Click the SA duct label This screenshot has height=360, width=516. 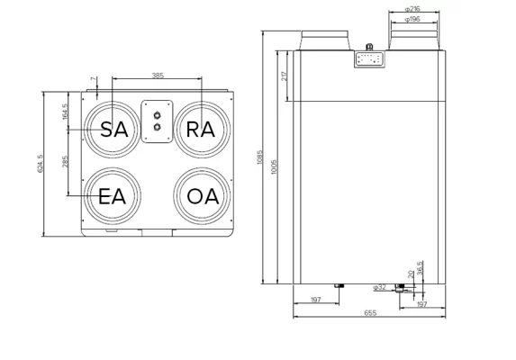pyautogui.click(x=113, y=129)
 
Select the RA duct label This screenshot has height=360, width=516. pyautogui.click(x=200, y=129)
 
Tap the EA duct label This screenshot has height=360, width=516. pyautogui.click(x=112, y=196)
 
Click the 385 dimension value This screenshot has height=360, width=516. pyautogui.click(x=158, y=75)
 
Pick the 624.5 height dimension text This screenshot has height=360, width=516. pyautogui.click(x=40, y=162)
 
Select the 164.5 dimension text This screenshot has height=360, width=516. pyautogui.click(x=65, y=114)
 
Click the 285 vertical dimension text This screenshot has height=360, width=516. pyautogui.click(x=65, y=163)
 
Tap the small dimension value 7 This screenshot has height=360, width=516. pyautogui.click(x=94, y=81)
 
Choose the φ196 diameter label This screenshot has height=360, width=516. pyautogui.click(x=413, y=18)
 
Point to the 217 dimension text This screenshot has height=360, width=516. pyautogui.click(x=285, y=76)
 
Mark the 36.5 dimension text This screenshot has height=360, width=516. pyautogui.click(x=421, y=269)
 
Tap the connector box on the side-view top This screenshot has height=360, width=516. pyautogui.click(x=370, y=58)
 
